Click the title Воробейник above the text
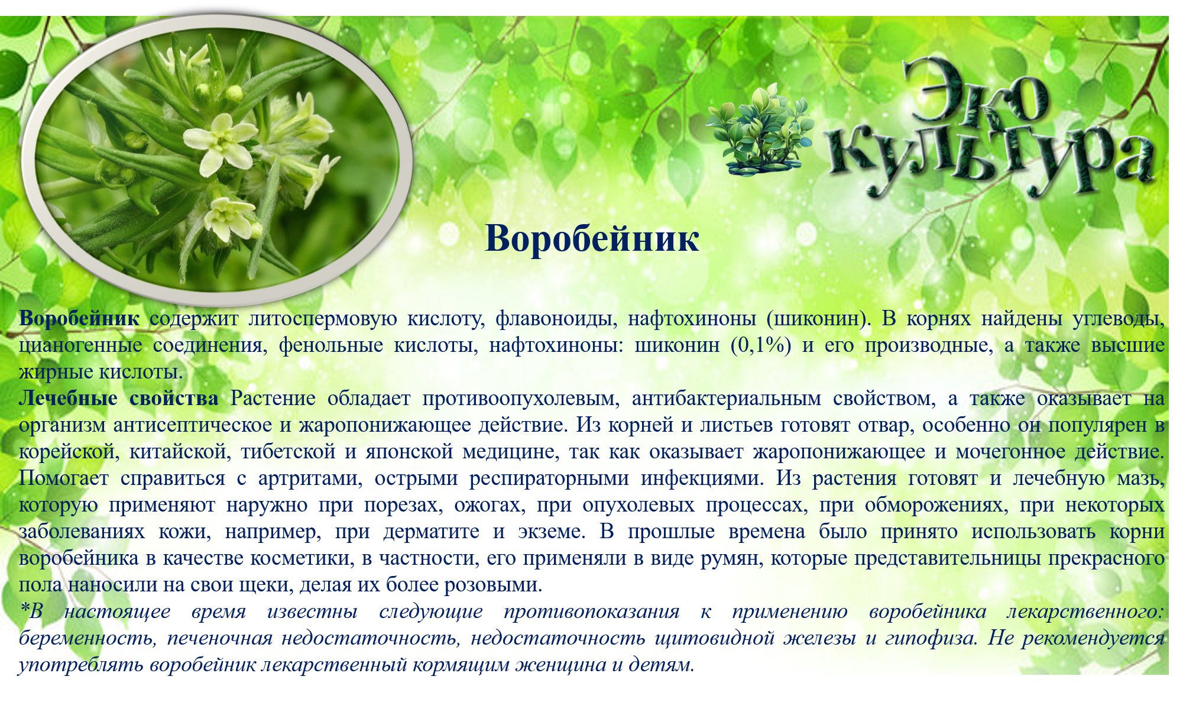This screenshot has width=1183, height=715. [x=592, y=239]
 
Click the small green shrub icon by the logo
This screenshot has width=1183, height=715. [x=760, y=130]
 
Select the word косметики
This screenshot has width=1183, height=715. [x=304, y=559]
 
